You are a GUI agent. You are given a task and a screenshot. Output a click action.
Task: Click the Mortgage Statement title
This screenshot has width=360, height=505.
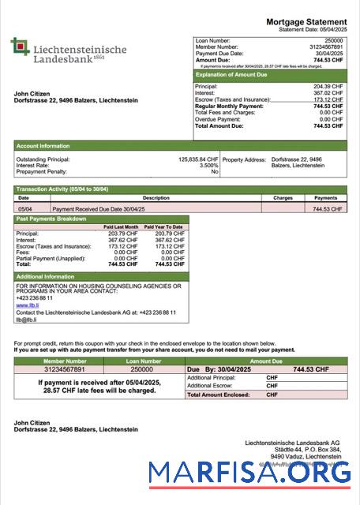click(x=306, y=21)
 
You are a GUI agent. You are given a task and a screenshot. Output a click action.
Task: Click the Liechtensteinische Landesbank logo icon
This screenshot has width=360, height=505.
click(x=20, y=47)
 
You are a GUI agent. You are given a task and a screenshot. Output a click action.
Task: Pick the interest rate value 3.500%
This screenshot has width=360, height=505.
click(x=208, y=165)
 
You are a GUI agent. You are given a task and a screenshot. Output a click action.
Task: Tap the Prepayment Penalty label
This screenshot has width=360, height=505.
click(x=40, y=171)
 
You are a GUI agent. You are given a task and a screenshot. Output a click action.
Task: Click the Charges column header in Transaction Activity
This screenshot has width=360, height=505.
click(x=283, y=198)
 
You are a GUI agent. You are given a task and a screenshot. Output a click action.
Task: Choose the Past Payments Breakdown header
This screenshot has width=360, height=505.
click(x=53, y=219)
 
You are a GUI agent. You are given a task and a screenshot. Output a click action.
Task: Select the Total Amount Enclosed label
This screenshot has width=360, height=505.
click(x=217, y=394)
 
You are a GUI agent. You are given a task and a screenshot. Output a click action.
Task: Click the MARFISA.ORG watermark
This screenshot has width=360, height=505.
click(x=250, y=473)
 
